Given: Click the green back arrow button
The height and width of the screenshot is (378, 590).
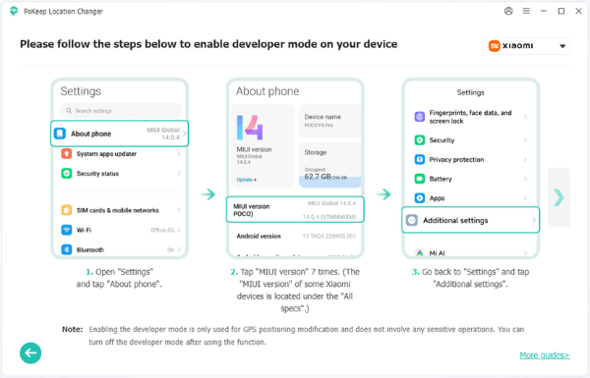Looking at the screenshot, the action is point(30,352).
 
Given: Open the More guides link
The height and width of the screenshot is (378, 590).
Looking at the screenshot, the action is point(544,354).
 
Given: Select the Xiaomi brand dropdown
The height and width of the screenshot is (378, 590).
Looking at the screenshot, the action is point(527,45).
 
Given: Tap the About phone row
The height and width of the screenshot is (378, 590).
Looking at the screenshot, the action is point(119,134).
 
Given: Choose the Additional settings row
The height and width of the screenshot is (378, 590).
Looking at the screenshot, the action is point(471,220).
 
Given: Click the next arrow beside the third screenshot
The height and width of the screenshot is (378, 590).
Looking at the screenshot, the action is point(559,197).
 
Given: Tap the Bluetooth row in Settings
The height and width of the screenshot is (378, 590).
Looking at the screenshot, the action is point(119,249).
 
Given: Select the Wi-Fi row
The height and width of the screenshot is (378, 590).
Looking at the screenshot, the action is point(119,230).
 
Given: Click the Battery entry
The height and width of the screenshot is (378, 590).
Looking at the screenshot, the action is point(471,179).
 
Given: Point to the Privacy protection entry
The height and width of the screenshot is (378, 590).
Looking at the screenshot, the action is point(471,159).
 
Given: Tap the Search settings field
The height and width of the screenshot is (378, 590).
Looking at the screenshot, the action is point(119,111).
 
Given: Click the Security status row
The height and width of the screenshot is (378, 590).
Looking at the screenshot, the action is point(119,173).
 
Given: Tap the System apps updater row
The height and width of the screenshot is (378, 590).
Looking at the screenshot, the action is point(119,153).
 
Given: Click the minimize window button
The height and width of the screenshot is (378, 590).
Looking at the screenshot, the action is point(540,12).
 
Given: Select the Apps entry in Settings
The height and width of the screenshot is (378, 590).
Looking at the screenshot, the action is point(471,198).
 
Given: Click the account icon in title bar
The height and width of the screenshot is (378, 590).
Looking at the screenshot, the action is point(508,12).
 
